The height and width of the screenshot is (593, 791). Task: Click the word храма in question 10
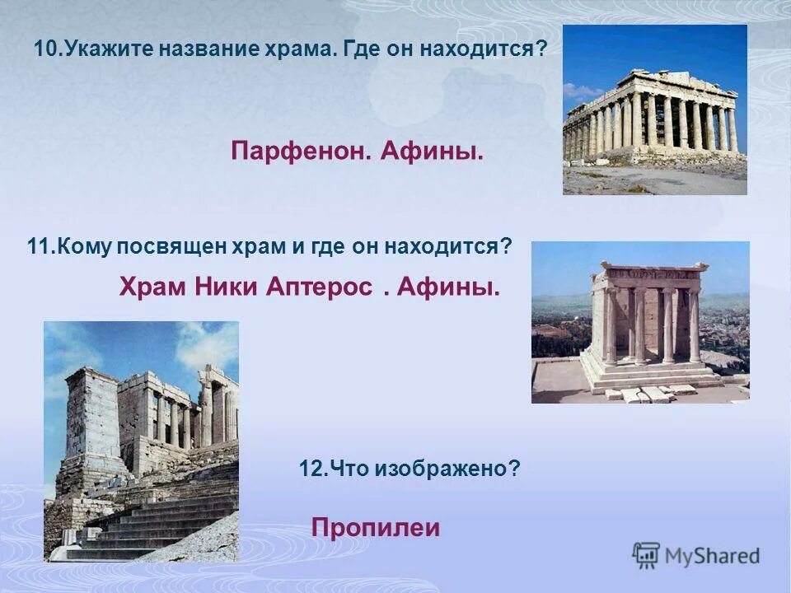coord(303,49)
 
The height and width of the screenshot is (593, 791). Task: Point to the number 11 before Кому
coord(38,246)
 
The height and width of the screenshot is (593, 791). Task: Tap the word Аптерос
coord(322,287)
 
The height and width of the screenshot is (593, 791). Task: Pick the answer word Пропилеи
coord(376,528)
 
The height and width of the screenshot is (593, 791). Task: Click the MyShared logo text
coord(712,556)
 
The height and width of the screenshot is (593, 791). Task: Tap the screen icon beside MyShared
coord(646,555)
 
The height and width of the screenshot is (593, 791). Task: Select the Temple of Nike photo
coord(640,321)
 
